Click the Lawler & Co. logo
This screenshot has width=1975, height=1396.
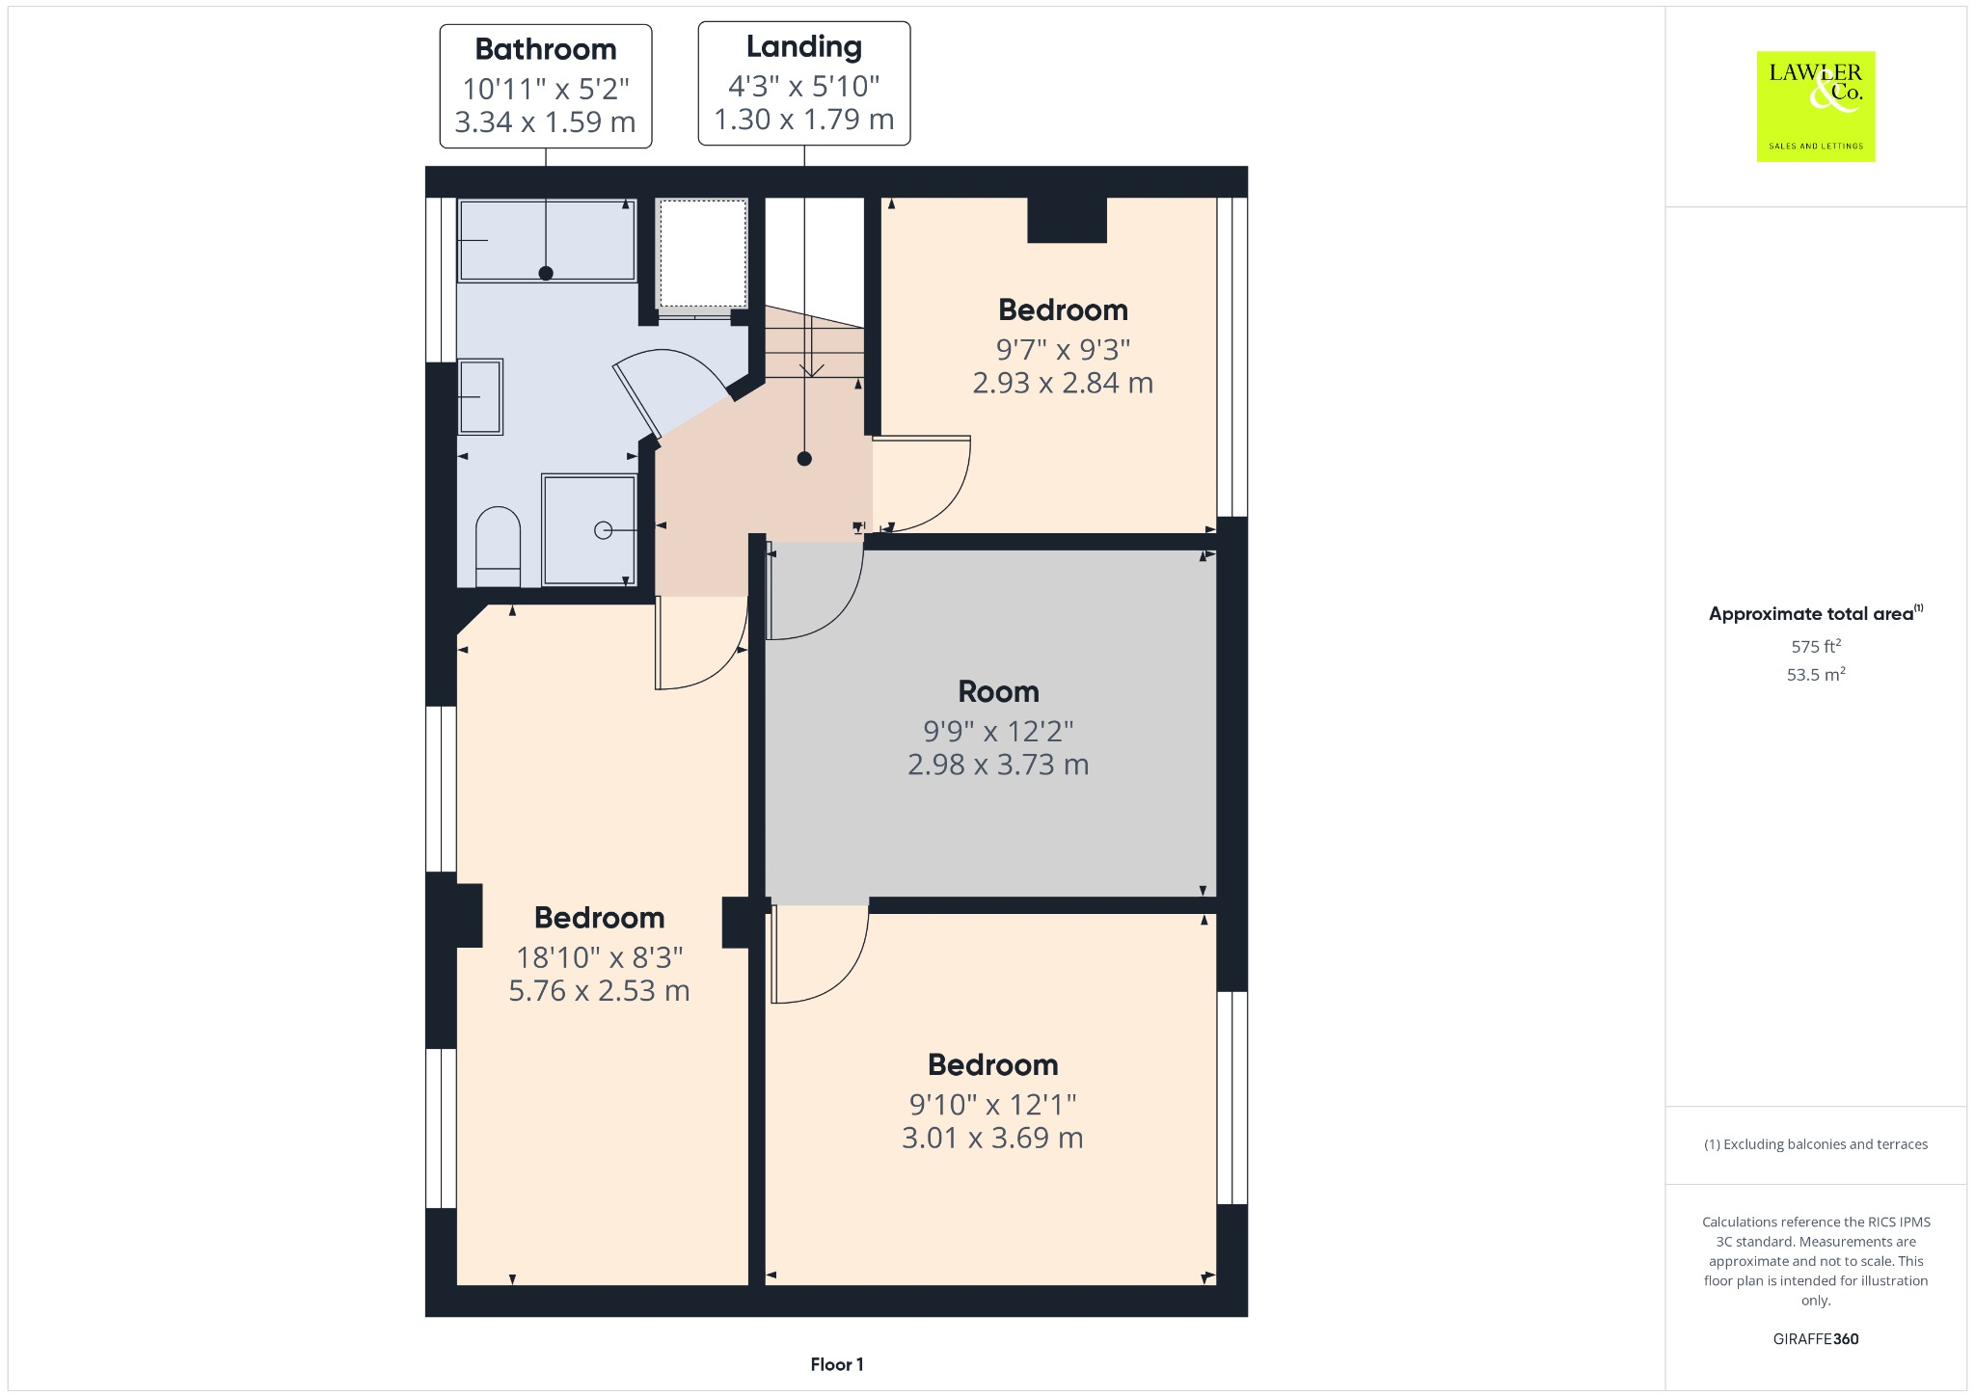coord(1815,106)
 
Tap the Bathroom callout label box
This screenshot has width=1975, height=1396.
coord(546,86)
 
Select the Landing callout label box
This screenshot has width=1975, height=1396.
coord(804,84)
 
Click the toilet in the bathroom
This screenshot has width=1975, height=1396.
coord(499,547)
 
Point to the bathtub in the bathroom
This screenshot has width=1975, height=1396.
coord(547,240)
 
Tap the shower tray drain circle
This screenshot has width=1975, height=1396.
coord(604,529)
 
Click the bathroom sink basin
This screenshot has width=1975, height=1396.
coord(480,396)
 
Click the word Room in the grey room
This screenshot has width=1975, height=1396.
coord(998,691)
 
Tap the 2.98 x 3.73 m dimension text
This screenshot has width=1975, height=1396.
coord(998,765)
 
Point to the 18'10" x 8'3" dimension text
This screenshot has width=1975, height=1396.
coord(599,957)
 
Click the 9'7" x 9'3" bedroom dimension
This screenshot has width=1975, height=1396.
coord(1063,349)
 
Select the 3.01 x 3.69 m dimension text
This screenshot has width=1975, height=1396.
coord(992,1138)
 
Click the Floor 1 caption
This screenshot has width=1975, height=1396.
coord(837,1364)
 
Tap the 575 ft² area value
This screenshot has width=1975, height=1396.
coord(1816,646)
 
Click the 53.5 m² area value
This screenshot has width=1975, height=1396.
coord(1816,674)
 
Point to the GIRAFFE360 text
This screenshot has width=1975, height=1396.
coord(1816,1338)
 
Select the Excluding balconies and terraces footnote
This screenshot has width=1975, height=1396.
coord(1816,1144)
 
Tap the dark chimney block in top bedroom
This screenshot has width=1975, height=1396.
coord(1067,220)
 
